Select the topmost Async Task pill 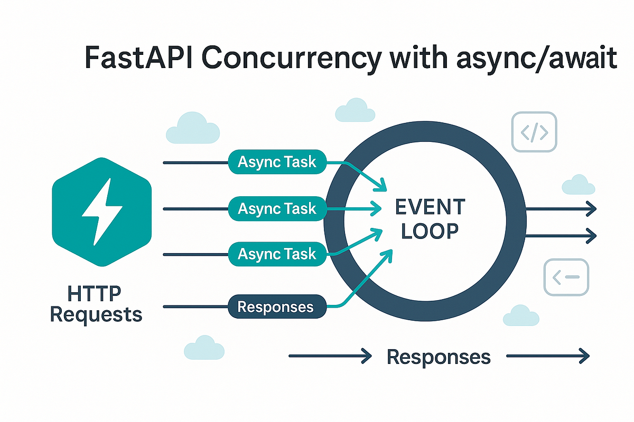point(277,162)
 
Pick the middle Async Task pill point(277,209)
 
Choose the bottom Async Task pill point(277,254)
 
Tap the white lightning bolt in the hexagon point(102,212)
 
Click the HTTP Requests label point(96,305)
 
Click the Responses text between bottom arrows point(439,357)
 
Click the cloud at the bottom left point(203,348)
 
